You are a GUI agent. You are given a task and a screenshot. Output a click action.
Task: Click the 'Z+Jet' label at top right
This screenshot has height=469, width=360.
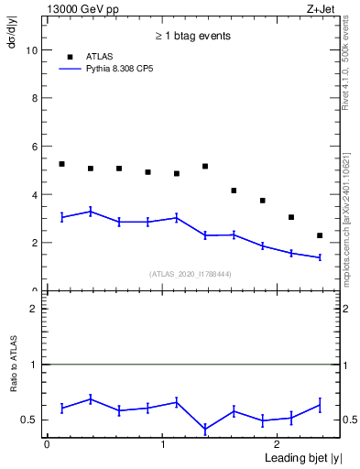point(322,8)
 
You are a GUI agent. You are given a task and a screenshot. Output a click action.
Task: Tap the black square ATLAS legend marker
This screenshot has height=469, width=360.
point(69,57)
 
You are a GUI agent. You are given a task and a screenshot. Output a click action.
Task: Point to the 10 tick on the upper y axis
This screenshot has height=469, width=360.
point(33,50)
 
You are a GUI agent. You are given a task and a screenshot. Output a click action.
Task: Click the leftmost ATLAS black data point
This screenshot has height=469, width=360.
point(61,164)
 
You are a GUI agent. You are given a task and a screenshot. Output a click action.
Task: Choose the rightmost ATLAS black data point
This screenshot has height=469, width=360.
point(320,235)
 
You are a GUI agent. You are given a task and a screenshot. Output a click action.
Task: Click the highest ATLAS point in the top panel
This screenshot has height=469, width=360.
point(61,164)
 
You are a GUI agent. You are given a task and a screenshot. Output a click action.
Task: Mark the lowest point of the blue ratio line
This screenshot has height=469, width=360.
point(205,429)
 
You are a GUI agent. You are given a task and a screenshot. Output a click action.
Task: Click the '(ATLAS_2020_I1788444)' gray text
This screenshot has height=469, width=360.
point(191,274)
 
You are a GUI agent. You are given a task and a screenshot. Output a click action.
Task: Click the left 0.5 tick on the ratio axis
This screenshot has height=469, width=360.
point(33,420)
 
